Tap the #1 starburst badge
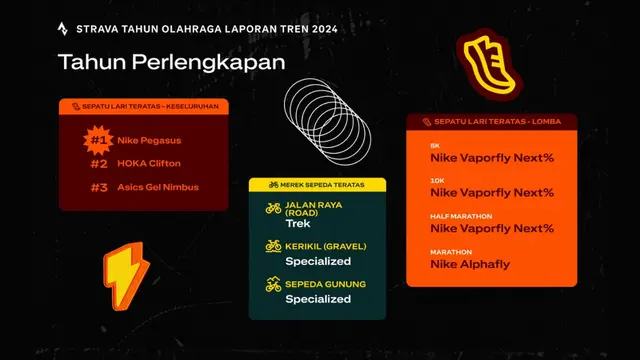(x=97, y=140)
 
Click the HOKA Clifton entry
(x=150, y=164)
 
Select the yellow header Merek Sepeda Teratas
(x=317, y=185)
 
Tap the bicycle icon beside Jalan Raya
(x=273, y=209)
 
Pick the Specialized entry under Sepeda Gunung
(x=318, y=299)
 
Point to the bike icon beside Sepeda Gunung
(x=273, y=285)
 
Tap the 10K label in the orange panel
(x=437, y=180)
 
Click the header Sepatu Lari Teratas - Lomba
(x=491, y=121)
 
